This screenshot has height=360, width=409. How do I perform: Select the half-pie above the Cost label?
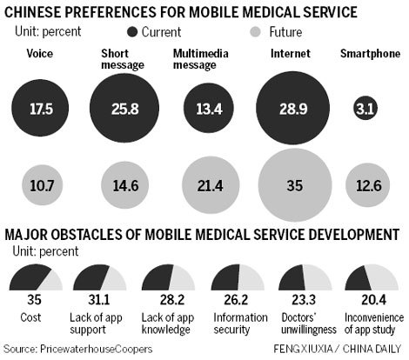[x=35, y=281]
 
